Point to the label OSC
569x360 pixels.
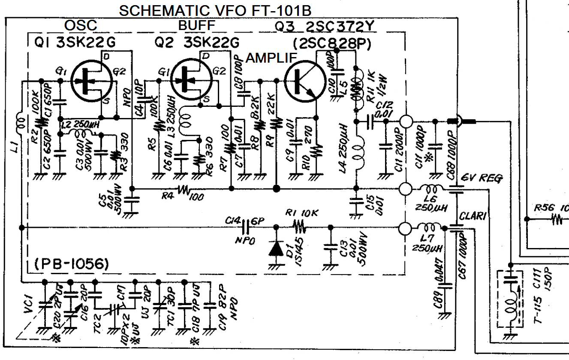(81, 26)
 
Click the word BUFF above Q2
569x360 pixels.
(196, 26)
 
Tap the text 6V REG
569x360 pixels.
(481, 178)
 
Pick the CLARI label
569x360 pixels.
(473, 217)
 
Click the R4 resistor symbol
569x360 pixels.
(184, 189)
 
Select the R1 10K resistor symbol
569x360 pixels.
(300, 227)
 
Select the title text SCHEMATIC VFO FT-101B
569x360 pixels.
(215, 11)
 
